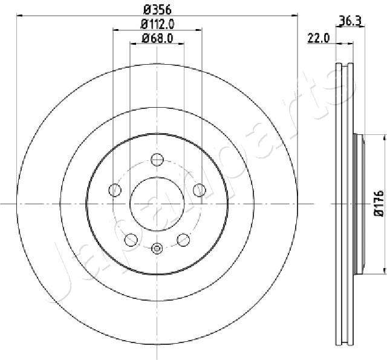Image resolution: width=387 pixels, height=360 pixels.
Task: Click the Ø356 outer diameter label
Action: click(157, 10)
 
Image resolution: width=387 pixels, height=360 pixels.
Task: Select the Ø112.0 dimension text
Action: click(157, 24)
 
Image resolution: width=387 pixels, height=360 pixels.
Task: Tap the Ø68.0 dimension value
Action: click(157, 38)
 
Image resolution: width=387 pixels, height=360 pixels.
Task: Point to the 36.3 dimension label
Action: click(350, 21)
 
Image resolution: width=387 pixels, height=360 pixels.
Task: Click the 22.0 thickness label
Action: click(319, 38)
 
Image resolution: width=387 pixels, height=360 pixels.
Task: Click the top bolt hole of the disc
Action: click(157, 159)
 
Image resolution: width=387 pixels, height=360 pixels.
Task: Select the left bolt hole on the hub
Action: click(115, 190)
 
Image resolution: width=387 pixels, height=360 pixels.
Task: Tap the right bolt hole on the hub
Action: click(200, 190)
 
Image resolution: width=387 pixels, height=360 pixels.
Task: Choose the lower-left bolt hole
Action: click(131, 240)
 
